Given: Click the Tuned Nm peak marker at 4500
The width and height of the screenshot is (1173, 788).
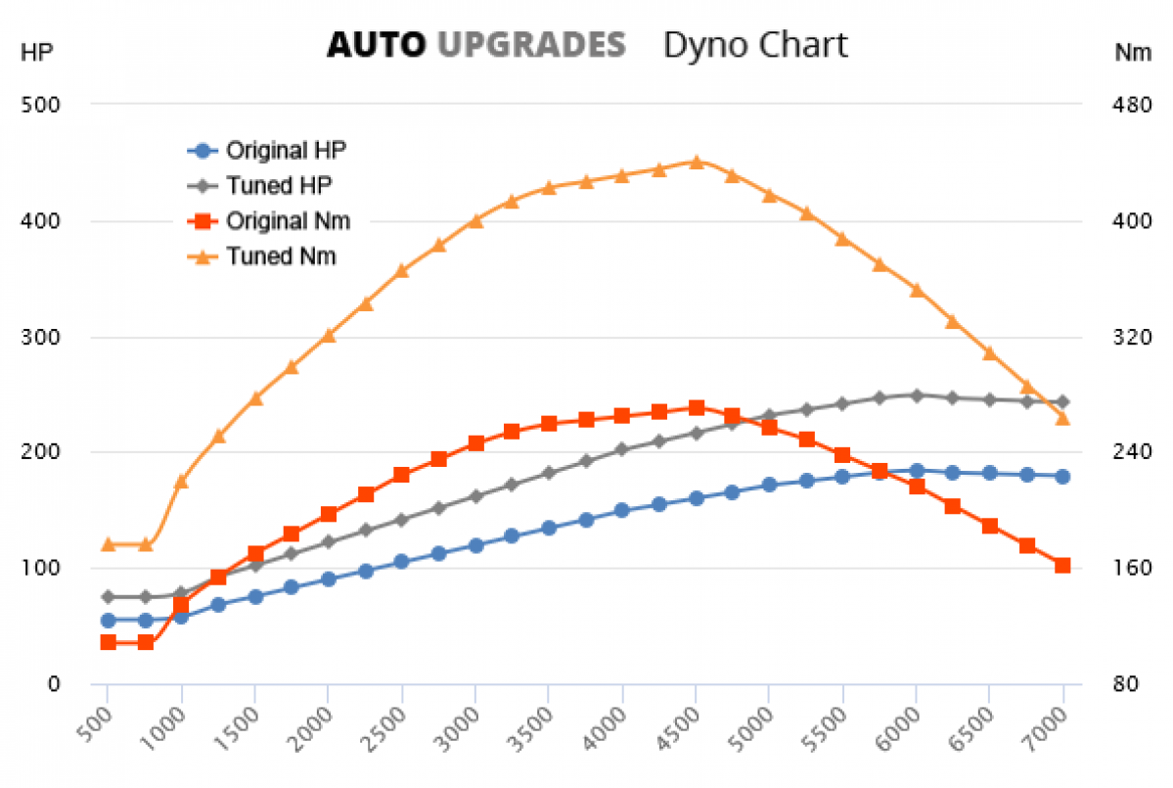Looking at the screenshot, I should click(x=696, y=162).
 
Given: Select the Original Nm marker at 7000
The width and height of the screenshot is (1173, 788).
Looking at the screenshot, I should click(x=1062, y=565).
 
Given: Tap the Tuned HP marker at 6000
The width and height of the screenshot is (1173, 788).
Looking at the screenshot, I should click(x=916, y=395).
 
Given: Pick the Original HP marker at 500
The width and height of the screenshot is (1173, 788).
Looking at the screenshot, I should click(x=108, y=620).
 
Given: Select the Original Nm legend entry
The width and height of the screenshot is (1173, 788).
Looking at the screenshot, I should click(x=288, y=221).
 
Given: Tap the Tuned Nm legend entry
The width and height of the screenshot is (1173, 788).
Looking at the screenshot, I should click(x=280, y=256).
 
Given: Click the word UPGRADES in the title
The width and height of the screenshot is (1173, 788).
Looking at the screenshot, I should click(x=530, y=45).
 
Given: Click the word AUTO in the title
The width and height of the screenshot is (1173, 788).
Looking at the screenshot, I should click(x=376, y=45).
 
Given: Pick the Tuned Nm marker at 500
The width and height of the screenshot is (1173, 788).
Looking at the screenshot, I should click(x=108, y=544).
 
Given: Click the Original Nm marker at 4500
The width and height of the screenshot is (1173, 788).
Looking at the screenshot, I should click(x=696, y=407).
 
